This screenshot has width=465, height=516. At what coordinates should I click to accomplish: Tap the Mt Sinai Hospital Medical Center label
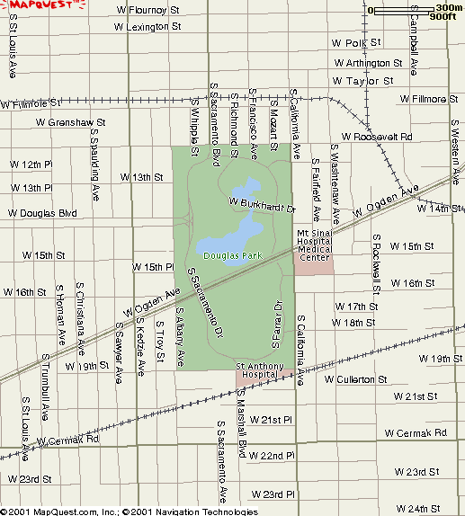(x=315, y=245)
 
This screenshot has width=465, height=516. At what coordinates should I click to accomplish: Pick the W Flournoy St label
(x=156, y=10)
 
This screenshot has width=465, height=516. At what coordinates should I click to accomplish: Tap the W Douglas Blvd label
(x=42, y=213)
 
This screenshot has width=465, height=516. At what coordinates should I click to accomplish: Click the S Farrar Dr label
(x=277, y=321)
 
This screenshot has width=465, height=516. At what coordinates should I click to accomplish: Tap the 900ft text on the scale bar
(x=444, y=16)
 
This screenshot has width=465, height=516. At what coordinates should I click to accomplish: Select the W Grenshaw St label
(x=70, y=121)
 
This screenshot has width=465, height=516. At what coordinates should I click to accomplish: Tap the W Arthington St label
(x=367, y=63)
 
